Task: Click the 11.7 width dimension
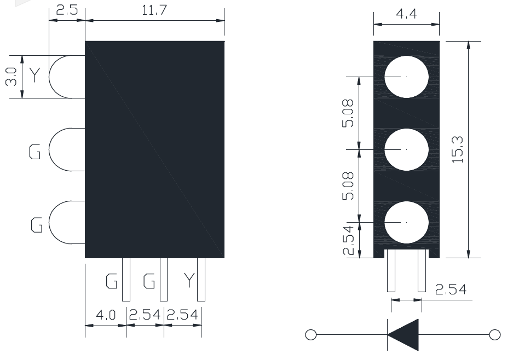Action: (154, 10)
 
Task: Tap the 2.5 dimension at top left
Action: (67, 10)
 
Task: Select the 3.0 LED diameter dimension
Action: (11, 77)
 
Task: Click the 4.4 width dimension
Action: (406, 14)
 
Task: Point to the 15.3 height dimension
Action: (457, 149)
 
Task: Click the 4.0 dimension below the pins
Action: (106, 315)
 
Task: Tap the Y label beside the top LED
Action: (34, 75)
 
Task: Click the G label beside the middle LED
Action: (34, 152)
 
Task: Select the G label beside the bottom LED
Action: (37, 225)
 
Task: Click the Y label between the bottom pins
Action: (189, 280)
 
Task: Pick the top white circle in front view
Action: (406, 77)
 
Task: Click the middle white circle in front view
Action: (406, 149)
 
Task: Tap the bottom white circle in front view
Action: (406, 222)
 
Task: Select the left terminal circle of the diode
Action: (311, 335)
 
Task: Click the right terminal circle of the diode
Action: (495, 335)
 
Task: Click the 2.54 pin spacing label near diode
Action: (451, 289)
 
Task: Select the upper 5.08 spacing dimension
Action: (348, 113)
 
